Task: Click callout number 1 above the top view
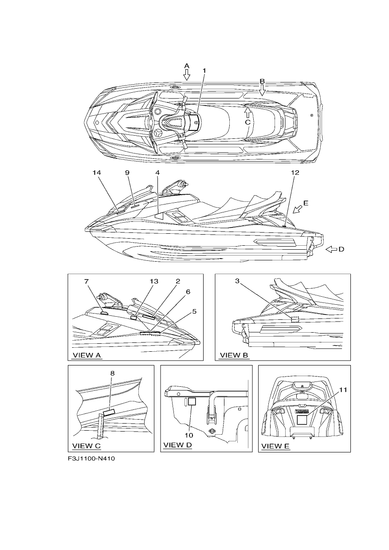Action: (x=204, y=71)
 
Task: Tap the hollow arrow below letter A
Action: (x=187, y=75)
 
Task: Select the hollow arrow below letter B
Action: (x=262, y=90)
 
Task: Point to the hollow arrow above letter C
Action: (x=248, y=113)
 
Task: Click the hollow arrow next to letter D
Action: (x=331, y=250)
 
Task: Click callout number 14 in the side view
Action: (x=97, y=173)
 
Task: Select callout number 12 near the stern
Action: (x=295, y=173)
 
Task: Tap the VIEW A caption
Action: (x=86, y=355)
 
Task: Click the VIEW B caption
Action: (x=234, y=355)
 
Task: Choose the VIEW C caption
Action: (x=86, y=446)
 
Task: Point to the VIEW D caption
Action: (x=177, y=445)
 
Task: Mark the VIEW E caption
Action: (x=275, y=446)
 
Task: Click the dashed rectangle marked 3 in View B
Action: (x=295, y=319)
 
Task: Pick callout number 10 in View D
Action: (x=189, y=435)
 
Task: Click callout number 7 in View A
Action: (x=86, y=281)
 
